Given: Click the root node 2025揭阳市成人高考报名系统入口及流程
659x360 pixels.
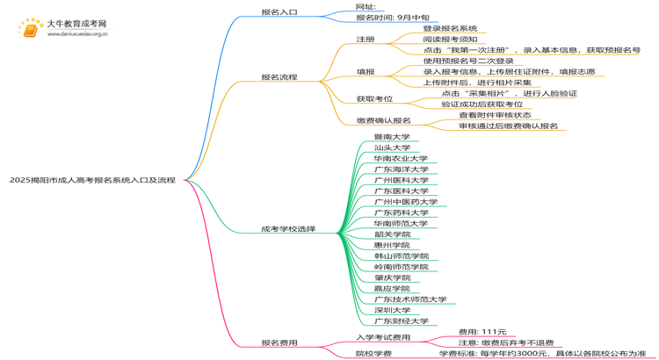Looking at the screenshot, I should tap(92, 180).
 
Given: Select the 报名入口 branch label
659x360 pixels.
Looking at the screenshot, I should tap(279, 12).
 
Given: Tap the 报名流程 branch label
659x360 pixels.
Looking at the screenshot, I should tap(279, 77).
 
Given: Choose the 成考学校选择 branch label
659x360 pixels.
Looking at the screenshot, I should tap(287, 229).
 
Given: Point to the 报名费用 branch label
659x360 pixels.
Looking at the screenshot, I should tap(279, 342).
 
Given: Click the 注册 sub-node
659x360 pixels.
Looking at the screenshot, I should tap(366, 40).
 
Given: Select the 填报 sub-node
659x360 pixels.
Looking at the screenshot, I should tap(366, 72).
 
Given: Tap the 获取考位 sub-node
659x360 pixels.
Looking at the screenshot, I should tap(374, 99).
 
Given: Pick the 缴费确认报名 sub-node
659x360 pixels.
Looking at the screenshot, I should tap(383, 120).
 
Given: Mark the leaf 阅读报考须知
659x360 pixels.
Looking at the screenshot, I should tap(450, 40).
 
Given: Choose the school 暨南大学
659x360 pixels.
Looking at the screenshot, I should tap(392, 137).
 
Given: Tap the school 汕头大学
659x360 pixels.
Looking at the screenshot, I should tap(392, 148).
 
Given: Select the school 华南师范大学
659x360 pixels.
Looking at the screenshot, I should tap(401, 223).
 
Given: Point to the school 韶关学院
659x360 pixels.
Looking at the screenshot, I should tap(392, 234).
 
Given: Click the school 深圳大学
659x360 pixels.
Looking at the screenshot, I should tap(392, 310).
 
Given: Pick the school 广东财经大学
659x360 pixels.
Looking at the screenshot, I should tap(401, 321).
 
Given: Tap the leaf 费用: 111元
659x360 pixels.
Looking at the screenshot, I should tap(482, 332).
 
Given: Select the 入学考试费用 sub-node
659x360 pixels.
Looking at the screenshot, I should tap(383, 337).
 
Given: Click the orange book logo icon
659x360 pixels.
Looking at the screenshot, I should tap(29, 29).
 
